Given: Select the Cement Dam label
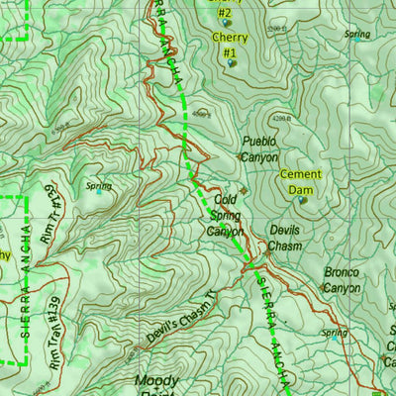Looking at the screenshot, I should click(x=300, y=181).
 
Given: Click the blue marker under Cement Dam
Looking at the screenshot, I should click(x=302, y=199).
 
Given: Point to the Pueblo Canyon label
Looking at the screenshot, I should click(x=258, y=148).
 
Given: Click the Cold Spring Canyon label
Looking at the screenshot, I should click(x=226, y=215).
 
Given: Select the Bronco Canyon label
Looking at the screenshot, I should click(x=343, y=279).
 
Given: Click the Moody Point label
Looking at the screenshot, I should click(x=157, y=386).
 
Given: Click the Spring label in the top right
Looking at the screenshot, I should click(x=357, y=35).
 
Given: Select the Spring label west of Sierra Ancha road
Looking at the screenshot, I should click(x=98, y=185).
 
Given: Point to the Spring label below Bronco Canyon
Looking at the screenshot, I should click(x=336, y=334).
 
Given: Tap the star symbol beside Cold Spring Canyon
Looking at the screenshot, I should click(x=244, y=191).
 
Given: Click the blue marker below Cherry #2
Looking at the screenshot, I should click(x=226, y=22).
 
